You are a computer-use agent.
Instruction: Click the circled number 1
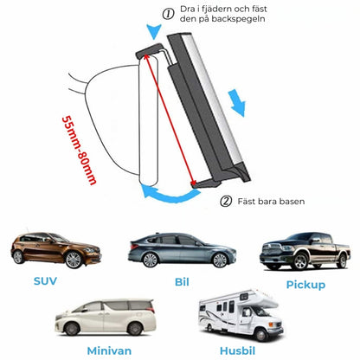pyautogui.click(x=168, y=14)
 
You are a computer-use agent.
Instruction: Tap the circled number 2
pyautogui.click(x=226, y=201)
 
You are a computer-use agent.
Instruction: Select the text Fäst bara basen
pyautogui.click(x=271, y=201)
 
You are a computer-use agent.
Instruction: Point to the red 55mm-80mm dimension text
pyautogui.click(x=79, y=150)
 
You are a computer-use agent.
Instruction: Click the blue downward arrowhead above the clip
pyautogui.click(x=154, y=31)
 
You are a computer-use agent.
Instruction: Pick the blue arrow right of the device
pyautogui.click(x=237, y=103)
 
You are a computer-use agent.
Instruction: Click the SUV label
pyautogui.click(x=45, y=281)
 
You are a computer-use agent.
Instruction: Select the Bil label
pyautogui.click(x=182, y=281)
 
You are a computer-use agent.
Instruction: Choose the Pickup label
pyautogui.click(x=305, y=285)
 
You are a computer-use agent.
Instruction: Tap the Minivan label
pyautogui.click(x=109, y=350)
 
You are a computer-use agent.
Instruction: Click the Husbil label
pyautogui.click(x=237, y=350)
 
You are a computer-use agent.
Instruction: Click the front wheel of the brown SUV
pyautogui.click(x=74, y=260)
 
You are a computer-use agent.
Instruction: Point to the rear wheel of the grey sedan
pyautogui.click(x=151, y=260)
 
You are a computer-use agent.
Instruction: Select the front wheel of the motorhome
pyautogui.click(x=261, y=335)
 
